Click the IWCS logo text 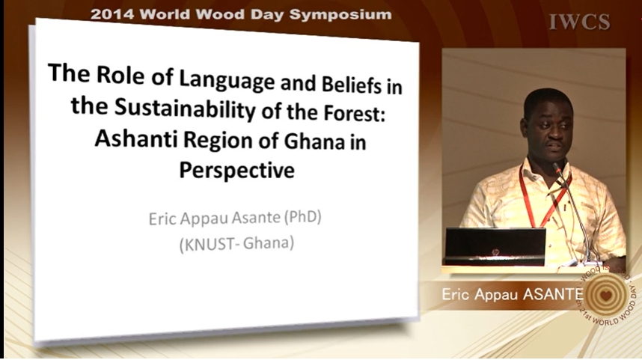(579, 22)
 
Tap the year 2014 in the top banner (112, 14)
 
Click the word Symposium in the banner (340, 15)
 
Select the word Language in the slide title (227, 79)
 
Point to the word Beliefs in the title (351, 85)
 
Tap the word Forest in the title (355, 113)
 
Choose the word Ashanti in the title (136, 138)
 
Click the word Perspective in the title (236, 170)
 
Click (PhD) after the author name (302, 216)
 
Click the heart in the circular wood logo (606, 295)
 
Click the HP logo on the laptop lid (495, 252)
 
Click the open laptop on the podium (495, 246)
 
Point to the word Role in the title (120, 75)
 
